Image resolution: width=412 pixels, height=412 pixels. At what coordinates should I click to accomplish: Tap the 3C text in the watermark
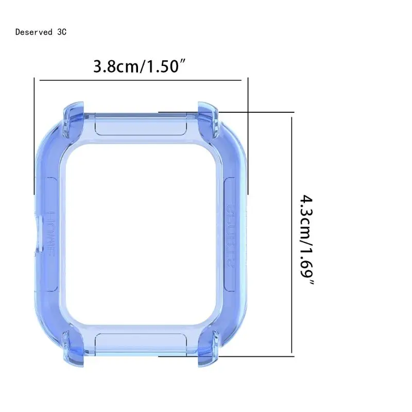[x=62, y=32]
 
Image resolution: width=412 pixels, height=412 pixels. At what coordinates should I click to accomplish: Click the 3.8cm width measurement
[x=117, y=66]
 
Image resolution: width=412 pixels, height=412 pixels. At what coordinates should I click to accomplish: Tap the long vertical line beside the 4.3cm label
[x=292, y=232]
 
